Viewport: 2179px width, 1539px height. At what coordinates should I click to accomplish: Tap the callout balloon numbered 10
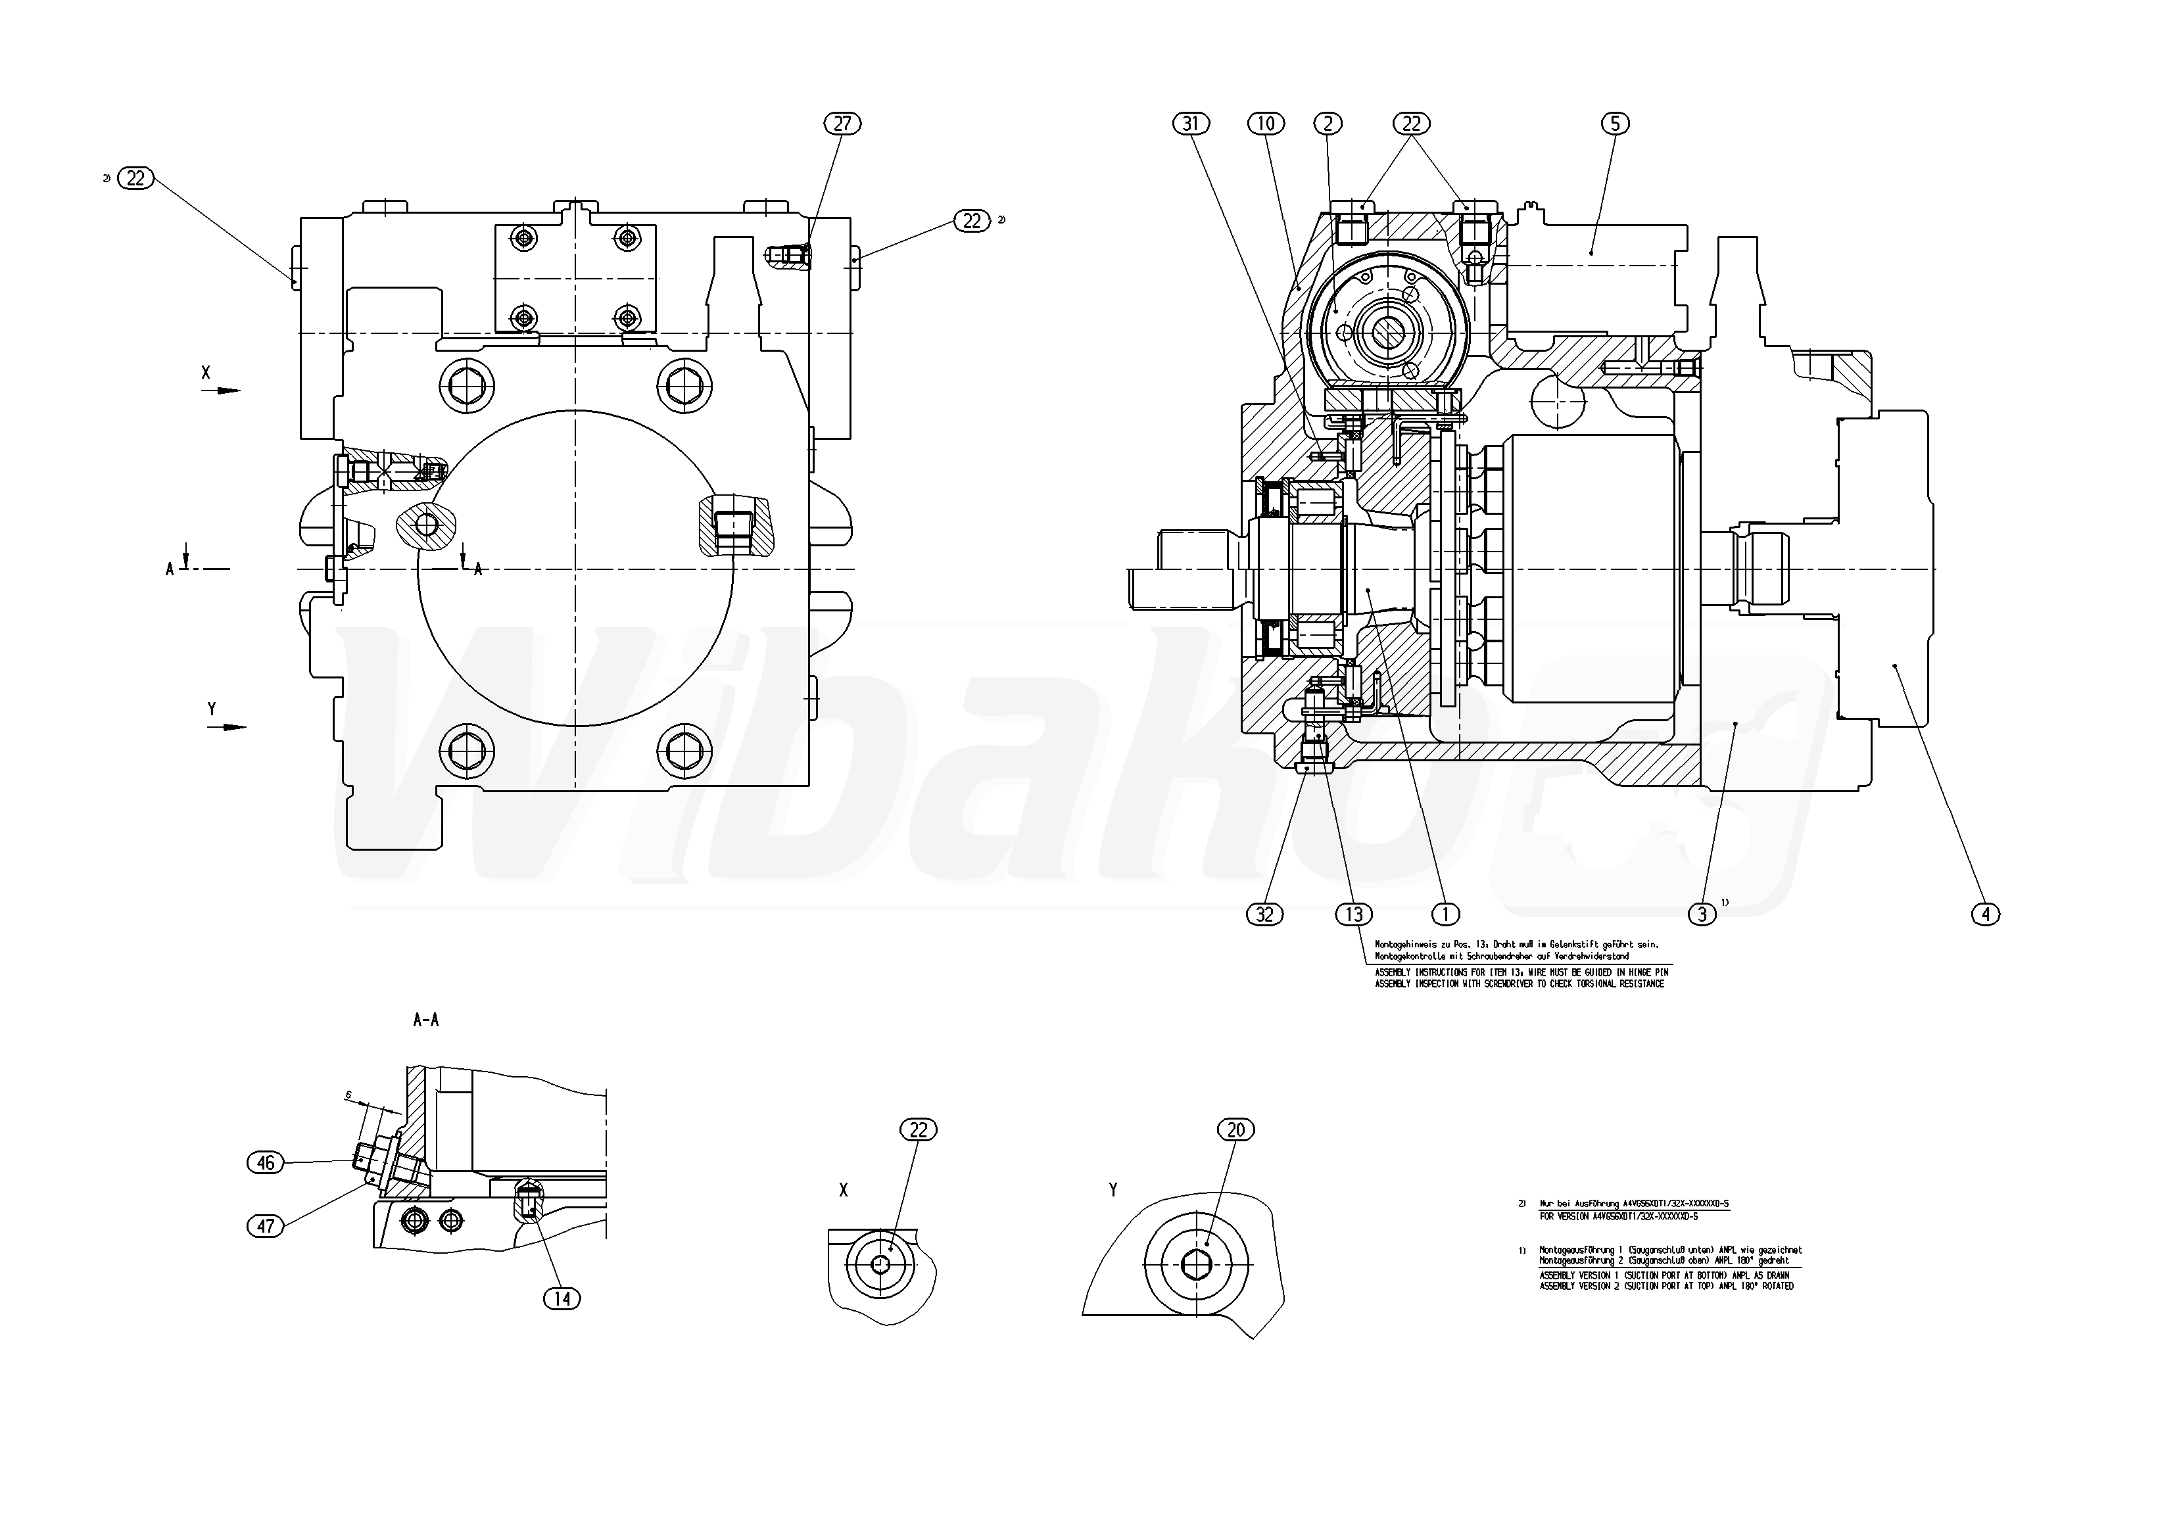[x=1265, y=124]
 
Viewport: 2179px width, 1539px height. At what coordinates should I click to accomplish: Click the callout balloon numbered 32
[x=1264, y=914]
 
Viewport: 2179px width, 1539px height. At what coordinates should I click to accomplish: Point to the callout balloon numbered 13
[x=1353, y=914]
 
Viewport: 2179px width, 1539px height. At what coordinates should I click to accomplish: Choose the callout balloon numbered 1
[x=1445, y=914]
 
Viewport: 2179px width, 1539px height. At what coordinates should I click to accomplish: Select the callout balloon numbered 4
[x=1986, y=914]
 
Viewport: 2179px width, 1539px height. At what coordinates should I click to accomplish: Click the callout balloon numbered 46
[x=266, y=1163]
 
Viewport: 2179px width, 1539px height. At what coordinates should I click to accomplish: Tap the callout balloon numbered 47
[x=266, y=1226]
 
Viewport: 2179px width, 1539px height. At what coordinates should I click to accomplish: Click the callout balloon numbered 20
[x=1235, y=1130]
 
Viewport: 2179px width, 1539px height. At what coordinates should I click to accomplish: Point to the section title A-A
[x=426, y=1021]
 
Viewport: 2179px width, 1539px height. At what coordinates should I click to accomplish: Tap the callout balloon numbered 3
[x=1702, y=914]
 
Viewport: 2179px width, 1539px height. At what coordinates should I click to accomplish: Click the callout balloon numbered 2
[x=1328, y=124]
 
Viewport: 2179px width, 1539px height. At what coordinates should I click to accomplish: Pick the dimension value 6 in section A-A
[x=348, y=1095]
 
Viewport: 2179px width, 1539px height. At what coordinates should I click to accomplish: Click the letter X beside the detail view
[x=844, y=1191]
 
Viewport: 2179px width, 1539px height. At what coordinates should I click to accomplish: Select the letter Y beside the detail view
[x=1113, y=1190]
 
